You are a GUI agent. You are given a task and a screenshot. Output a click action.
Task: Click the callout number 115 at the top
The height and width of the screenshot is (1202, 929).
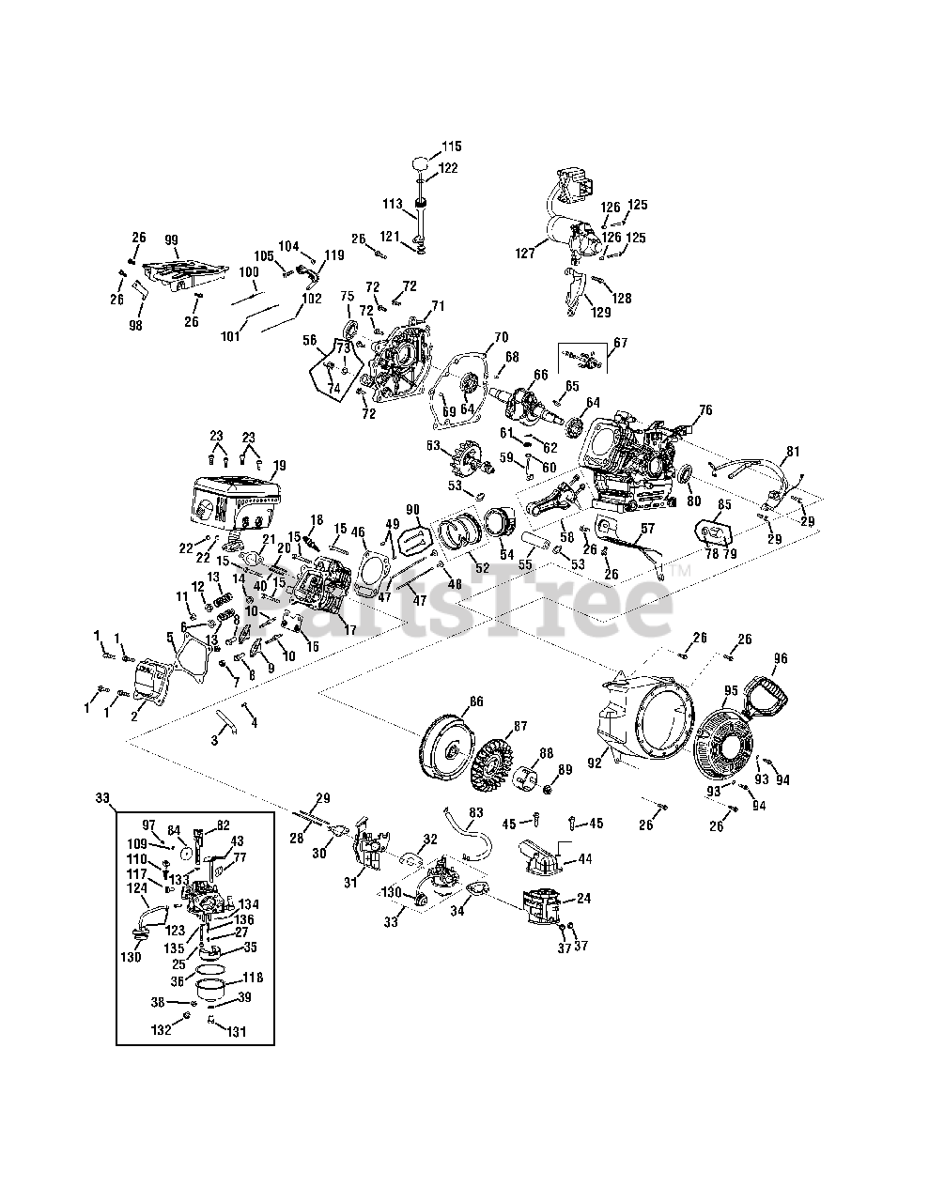[x=452, y=146]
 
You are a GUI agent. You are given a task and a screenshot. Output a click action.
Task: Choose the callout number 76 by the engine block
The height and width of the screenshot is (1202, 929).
[x=705, y=409]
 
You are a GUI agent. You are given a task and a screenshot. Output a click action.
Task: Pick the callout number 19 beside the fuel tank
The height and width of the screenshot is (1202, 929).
[x=278, y=465]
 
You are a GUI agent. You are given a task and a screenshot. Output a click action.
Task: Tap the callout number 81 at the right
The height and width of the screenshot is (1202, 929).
[x=795, y=452]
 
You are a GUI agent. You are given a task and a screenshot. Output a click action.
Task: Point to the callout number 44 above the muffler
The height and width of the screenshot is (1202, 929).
[x=584, y=859]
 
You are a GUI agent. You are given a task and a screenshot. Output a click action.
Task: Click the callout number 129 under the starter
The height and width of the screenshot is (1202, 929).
[x=600, y=311]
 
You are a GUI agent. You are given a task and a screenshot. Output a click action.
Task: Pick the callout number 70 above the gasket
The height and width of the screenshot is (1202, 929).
[x=501, y=337]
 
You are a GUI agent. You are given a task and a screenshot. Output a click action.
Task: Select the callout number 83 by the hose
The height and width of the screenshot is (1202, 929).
[x=476, y=812]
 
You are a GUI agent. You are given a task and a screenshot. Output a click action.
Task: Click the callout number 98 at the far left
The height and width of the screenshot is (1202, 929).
[x=135, y=325]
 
